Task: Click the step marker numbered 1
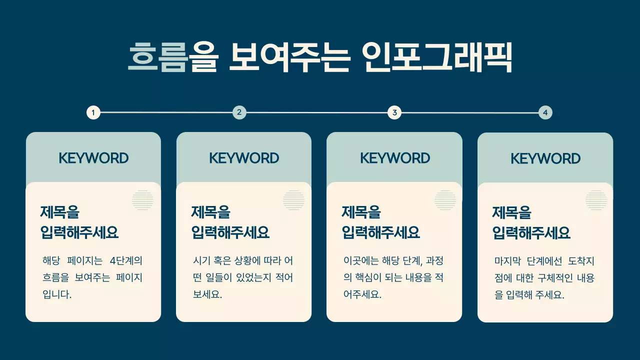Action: (93, 112)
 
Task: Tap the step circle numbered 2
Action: (239, 112)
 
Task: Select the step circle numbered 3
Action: (394, 112)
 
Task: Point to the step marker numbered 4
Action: (545, 112)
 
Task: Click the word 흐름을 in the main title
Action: (172, 57)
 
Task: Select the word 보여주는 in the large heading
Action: (289, 57)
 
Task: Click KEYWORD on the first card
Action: (93, 158)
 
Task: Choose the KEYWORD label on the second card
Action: (244, 158)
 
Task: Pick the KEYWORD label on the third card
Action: (395, 158)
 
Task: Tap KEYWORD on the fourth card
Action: (545, 159)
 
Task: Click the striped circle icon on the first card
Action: (142, 200)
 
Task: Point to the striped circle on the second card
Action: (293, 200)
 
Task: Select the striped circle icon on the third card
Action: (445, 200)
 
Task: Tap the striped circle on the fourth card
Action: (596, 200)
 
